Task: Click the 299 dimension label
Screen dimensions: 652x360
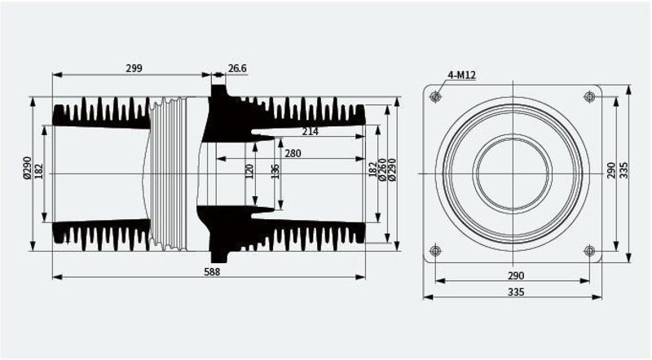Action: [134, 68]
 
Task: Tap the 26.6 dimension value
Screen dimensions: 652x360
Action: [237, 68]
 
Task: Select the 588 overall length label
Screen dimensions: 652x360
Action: [212, 272]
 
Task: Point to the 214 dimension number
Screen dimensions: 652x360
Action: [311, 132]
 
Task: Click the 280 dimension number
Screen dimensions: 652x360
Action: [293, 154]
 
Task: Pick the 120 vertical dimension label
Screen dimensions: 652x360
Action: [249, 171]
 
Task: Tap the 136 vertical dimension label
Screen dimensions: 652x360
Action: [275, 171]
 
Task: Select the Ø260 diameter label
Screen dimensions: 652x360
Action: [382, 169]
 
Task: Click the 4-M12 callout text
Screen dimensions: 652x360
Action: [461, 75]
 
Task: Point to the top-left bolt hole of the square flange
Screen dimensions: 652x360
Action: [435, 97]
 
